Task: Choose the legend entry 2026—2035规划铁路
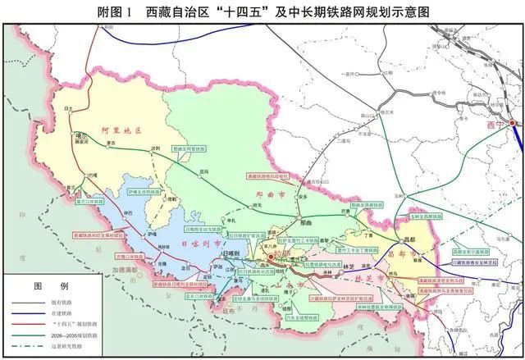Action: [79, 337]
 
